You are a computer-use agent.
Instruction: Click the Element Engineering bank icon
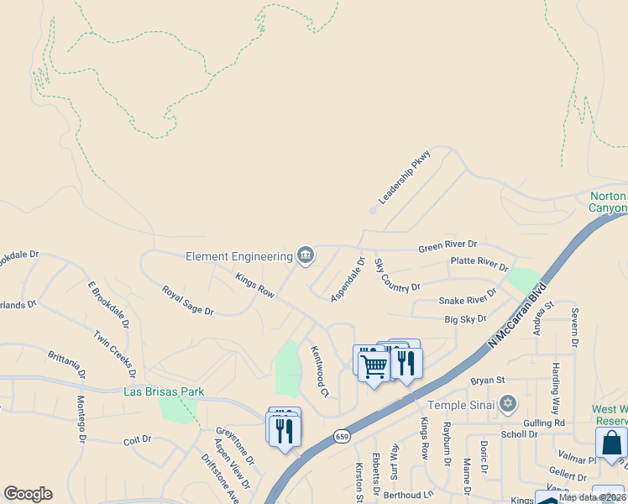click(x=306, y=255)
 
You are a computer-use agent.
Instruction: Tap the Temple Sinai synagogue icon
click(x=506, y=405)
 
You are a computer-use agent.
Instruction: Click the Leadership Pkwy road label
click(x=405, y=177)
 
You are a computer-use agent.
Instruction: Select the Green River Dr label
click(x=447, y=247)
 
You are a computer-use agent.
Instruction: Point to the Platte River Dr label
click(x=479, y=264)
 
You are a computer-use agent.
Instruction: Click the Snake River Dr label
click(x=468, y=299)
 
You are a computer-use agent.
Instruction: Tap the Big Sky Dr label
click(x=465, y=319)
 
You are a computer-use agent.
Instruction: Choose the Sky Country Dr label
click(x=396, y=276)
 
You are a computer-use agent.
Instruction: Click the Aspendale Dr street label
click(x=348, y=279)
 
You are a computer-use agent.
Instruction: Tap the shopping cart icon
click(x=373, y=365)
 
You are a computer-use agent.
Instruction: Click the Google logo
click(x=28, y=494)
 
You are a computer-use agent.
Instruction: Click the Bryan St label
click(x=486, y=381)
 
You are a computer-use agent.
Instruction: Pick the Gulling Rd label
click(x=547, y=423)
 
